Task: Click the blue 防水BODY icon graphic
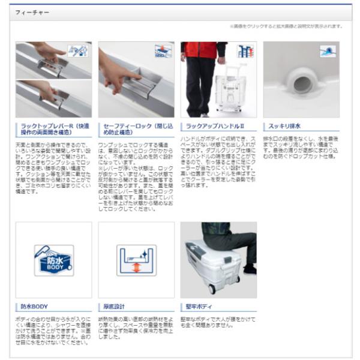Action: pyautogui.click(x=53, y=260)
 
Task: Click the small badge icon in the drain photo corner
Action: pyautogui.click(x=329, y=51)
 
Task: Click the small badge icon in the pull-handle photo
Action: pyautogui.click(x=245, y=51)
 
